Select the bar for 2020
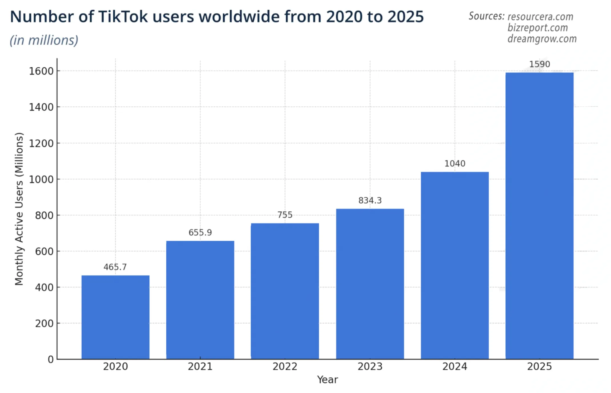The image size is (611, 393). pyautogui.click(x=115, y=317)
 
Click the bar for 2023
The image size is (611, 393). pyautogui.click(x=370, y=284)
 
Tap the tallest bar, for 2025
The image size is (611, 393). pyautogui.click(x=539, y=216)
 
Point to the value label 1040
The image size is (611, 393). pyautogui.click(x=455, y=164)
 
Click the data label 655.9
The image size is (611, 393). pyautogui.click(x=200, y=233)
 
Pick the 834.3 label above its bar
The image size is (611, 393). pyautogui.click(x=370, y=200)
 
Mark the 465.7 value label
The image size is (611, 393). pyautogui.click(x=115, y=267)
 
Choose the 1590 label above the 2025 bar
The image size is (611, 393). pyautogui.click(x=540, y=64)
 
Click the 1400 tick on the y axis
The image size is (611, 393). pyautogui.click(x=41, y=107)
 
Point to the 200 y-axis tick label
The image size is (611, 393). pyautogui.click(x=44, y=324)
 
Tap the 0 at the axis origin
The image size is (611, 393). pyautogui.click(x=51, y=360)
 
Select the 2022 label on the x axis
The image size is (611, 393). pyautogui.click(x=285, y=367)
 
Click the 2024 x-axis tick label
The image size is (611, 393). pyautogui.click(x=455, y=367)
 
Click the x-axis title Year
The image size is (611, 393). pyautogui.click(x=327, y=380)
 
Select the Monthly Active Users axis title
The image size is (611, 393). pyautogui.click(x=19, y=209)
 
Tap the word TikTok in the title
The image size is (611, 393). pyautogui.click(x=123, y=17)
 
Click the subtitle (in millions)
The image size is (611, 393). pyautogui.click(x=44, y=40)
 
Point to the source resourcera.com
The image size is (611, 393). pyautogui.click(x=540, y=17)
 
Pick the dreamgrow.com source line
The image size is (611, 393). pyautogui.click(x=542, y=39)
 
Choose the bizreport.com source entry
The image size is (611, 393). pyautogui.click(x=538, y=28)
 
